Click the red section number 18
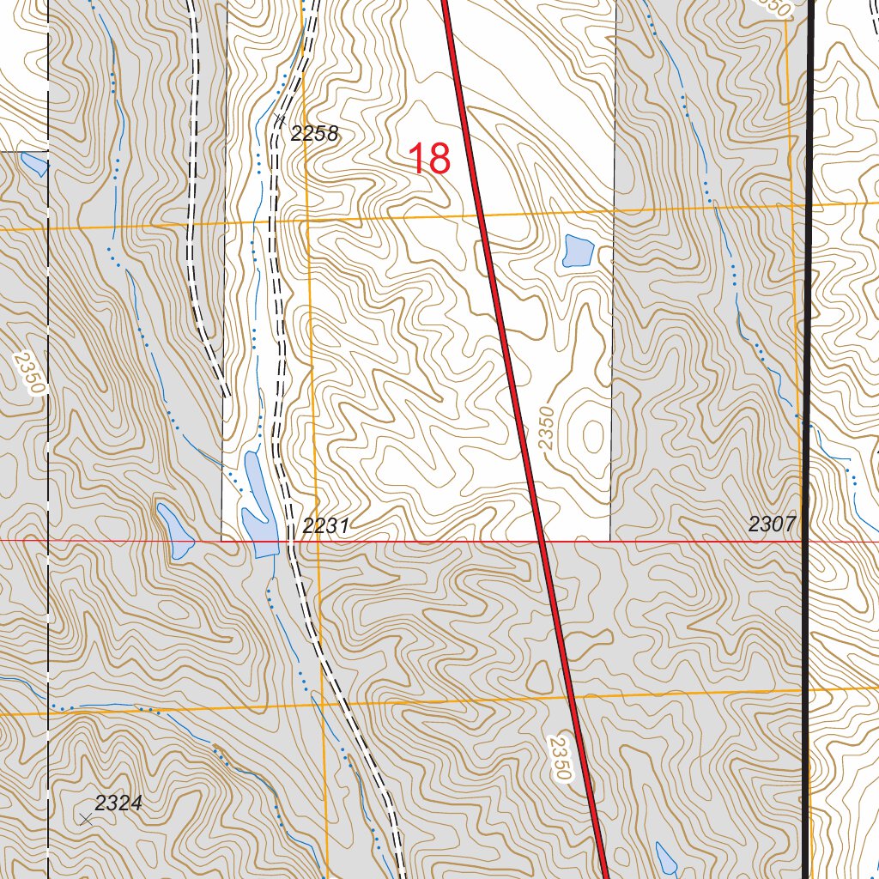[428, 160]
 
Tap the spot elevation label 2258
[315, 133]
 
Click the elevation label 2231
[325, 526]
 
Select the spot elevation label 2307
[773, 524]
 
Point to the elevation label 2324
[118, 803]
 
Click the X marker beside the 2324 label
[86, 820]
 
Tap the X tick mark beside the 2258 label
[278, 118]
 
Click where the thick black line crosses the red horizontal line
[807, 542]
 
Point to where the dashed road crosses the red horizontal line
[289, 542]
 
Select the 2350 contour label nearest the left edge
[29, 370]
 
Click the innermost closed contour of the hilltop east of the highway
[591, 436]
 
